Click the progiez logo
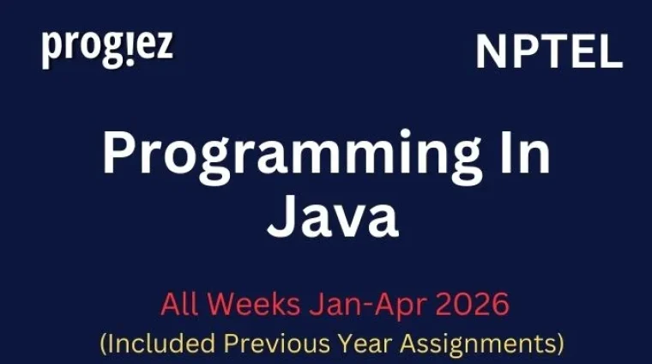107,48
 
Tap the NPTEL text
548,53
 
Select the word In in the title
526,155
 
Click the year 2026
464,304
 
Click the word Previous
275,343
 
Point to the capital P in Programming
120,155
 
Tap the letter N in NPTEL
491,53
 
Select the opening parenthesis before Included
104,343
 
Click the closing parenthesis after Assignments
560,343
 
